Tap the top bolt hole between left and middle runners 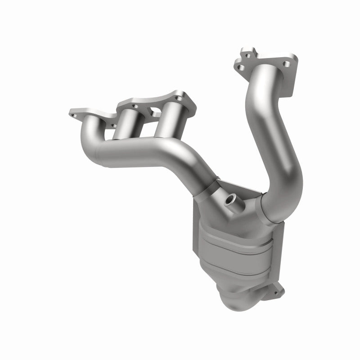135,106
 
